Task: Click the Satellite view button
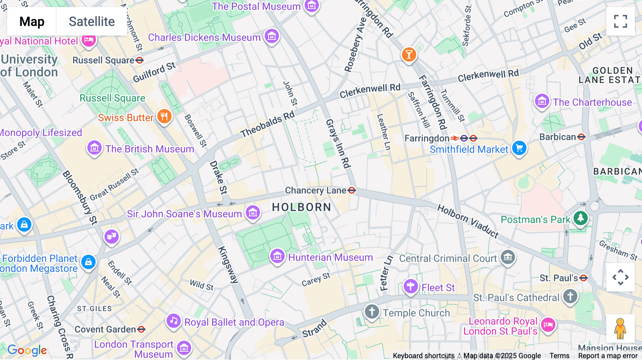coord(92,22)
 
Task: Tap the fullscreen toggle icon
coord(620,21)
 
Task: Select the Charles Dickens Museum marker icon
coord(272,36)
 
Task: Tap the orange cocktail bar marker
coord(409,55)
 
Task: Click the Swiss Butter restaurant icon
coord(164,116)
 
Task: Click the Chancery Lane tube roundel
coord(352,190)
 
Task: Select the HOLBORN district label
coord(301,207)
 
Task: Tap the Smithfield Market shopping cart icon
coord(519,148)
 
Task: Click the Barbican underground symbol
coord(581,137)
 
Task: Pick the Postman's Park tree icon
coord(580,217)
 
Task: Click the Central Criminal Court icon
coord(508,257)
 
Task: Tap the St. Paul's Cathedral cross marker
coord(570,296)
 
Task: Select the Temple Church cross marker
coord(372,312)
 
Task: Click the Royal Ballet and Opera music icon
coord(174,321)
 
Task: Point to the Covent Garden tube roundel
coord(141,329)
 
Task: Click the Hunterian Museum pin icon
coord(277,256)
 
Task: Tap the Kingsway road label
coord(228,264)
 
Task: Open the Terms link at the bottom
coord(559,356)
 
